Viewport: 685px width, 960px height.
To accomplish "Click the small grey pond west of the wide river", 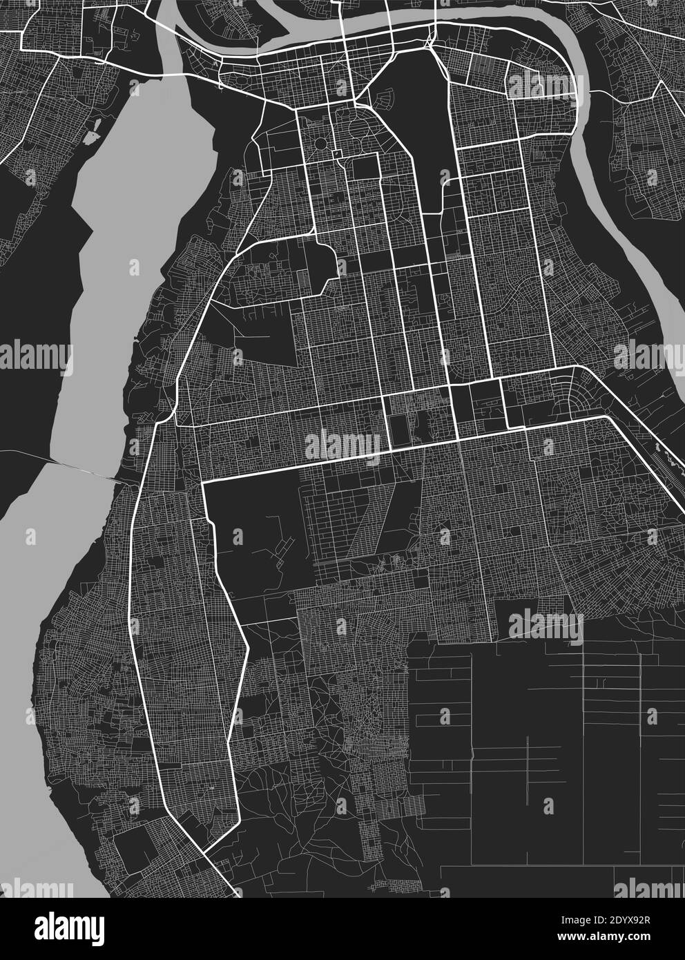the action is (x=90, y=137).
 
